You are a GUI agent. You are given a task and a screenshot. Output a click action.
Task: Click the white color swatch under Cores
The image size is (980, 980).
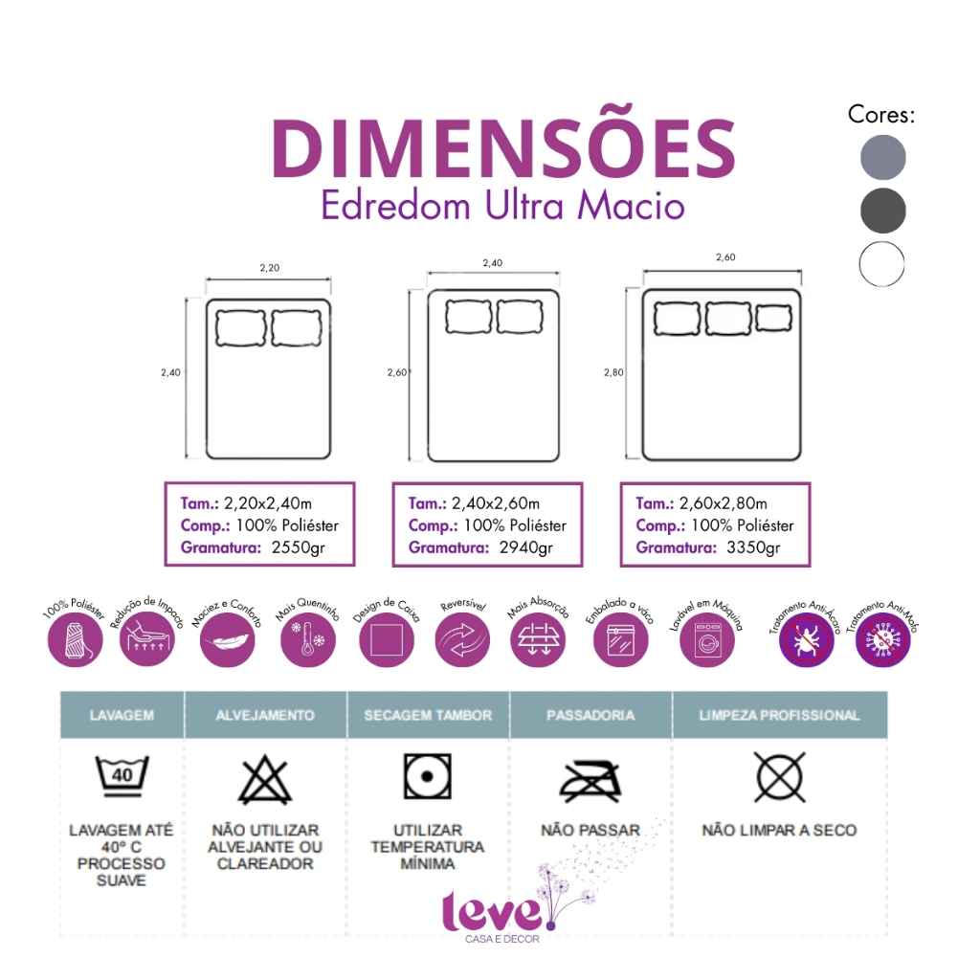(x=881, y=263)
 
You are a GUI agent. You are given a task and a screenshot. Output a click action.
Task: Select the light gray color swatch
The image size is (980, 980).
(x=881, y=156)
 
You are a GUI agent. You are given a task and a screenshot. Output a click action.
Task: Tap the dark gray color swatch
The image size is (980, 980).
(x=881, y=210)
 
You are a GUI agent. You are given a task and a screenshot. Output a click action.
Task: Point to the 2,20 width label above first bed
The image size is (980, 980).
(x=269, y=268)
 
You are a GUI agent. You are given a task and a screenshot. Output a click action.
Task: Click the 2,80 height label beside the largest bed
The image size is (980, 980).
(x=613, y=373)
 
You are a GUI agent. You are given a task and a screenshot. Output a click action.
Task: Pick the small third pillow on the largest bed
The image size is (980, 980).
(x=773, y=318)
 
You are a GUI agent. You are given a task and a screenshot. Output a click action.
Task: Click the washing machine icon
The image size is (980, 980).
(x=707, y=640)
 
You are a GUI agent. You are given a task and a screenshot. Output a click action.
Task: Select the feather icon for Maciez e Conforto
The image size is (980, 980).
(x=228, y=640)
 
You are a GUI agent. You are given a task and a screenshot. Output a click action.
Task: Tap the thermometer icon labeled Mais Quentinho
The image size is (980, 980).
(x=308, y=640)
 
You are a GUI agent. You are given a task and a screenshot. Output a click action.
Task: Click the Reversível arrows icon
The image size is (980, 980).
(x=463, y=640)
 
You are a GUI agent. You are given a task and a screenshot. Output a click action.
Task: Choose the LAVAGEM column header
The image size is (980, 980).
(x=122, y=715)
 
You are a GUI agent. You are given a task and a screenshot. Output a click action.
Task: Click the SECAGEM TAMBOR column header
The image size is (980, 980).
(x=428, y=715)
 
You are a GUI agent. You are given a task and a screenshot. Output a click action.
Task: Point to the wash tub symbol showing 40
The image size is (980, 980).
(x=122, y=775)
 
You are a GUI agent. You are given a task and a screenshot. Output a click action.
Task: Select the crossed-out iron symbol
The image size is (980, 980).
(x=590, y=780)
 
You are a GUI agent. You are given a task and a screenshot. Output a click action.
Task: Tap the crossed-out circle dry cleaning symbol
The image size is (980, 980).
(x=779, y=777)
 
